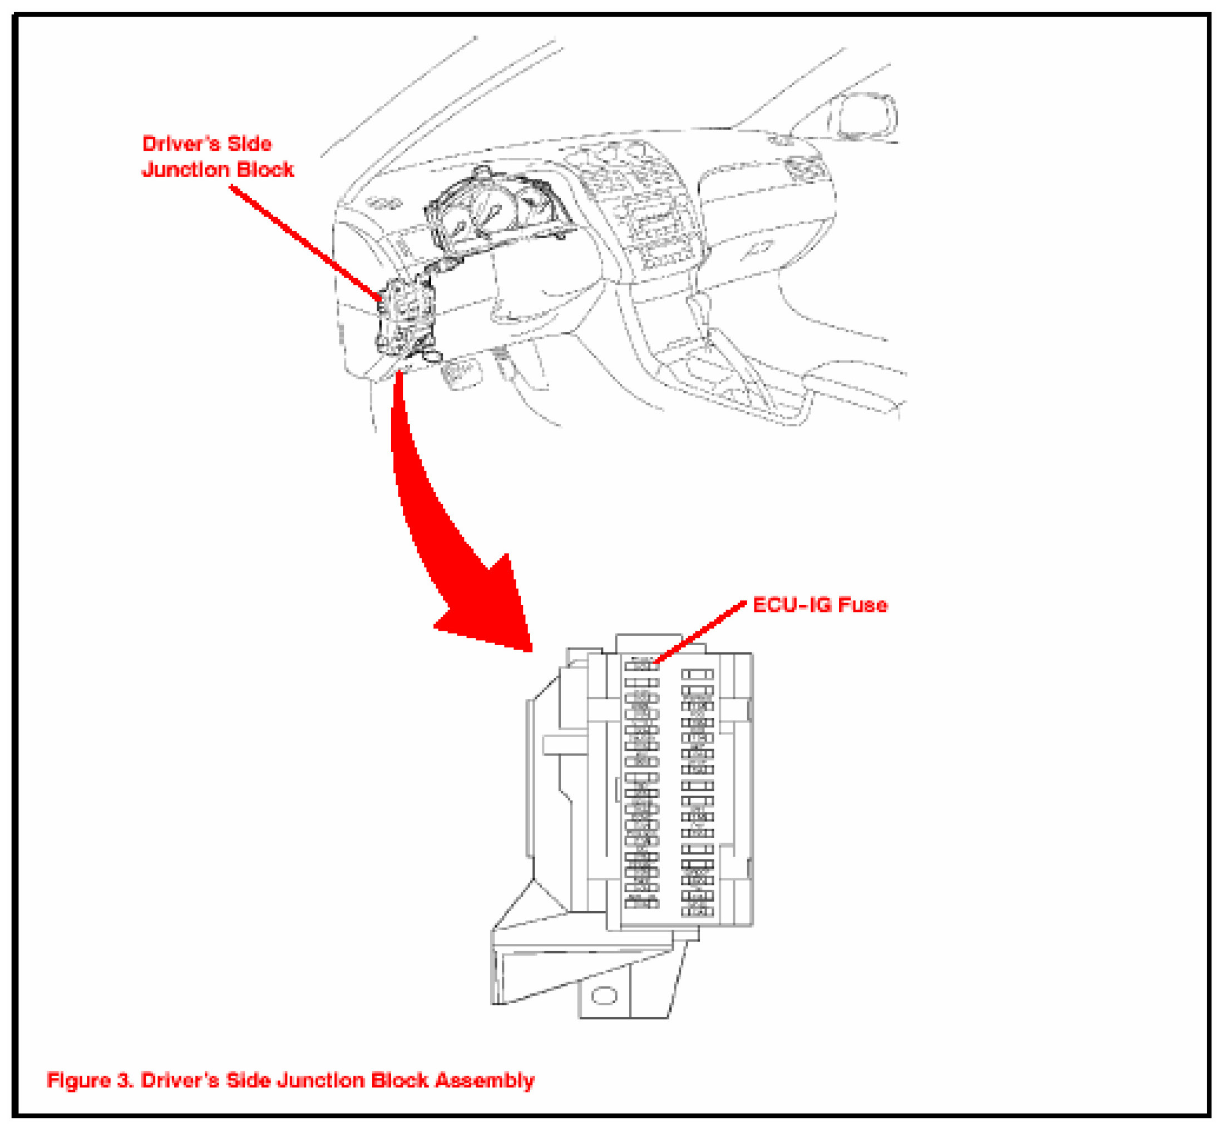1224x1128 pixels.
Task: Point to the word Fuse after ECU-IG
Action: (862, 605)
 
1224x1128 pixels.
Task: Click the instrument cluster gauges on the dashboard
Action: (488, 214)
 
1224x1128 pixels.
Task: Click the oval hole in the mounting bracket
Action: (604, 996)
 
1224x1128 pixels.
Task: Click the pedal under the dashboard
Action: (460, 372)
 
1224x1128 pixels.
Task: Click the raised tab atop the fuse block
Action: (648, 644)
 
